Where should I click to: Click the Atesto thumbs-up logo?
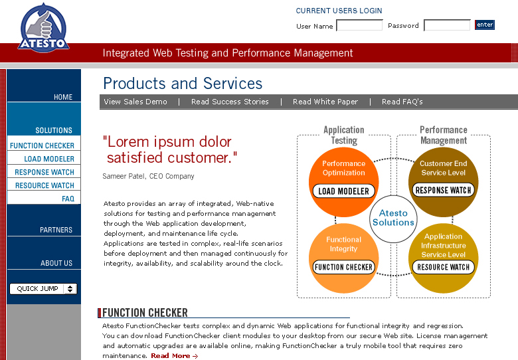(x=43, y=28)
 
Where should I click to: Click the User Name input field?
(x=359, y=25)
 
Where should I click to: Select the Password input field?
(x=447, y=25)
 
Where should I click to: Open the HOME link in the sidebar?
(x=63, y=97)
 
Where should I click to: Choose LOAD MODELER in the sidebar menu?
(x=49, y=159)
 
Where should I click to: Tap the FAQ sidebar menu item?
(x=68, y=199)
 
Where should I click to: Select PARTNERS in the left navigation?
(x=56, y=230)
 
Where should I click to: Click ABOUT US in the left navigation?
(x=56, y=263)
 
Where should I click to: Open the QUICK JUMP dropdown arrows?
(x=70, y=289)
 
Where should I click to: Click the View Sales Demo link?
(x=135, y=102)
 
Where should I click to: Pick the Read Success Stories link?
(x=230, y=102)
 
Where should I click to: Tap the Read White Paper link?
(x=325, y=102)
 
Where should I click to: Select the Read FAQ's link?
(x=402, y=102)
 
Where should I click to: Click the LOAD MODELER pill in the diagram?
(x=343, y=191)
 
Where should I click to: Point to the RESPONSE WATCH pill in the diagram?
(x=443, y=190)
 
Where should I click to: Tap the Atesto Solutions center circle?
(x=393, y=219)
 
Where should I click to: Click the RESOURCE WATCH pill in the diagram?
(x=443, y=267)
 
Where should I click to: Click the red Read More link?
(x=175, y=356)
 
